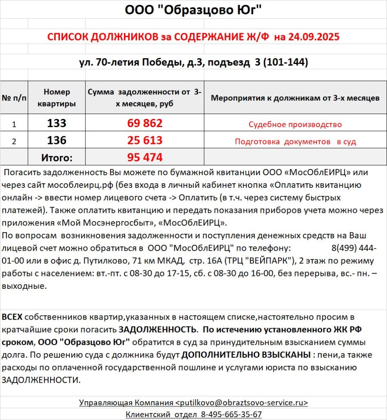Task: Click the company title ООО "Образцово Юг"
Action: [193, 10]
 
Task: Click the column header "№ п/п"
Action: [14, 98]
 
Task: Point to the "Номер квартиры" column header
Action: [57, 98]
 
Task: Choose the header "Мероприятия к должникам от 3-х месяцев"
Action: [295, 98]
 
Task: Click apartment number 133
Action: [57, 123]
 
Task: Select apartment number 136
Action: [57, 140]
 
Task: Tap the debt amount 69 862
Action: [145, 123]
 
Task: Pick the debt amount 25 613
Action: [145, 140]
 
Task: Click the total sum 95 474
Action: [145, 157]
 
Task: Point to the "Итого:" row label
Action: [57, 157]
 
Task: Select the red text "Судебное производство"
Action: [295, 124]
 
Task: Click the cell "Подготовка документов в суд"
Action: [295, 142]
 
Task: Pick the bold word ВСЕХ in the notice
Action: [13, 317]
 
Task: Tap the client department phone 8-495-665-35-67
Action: [231, 414]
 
